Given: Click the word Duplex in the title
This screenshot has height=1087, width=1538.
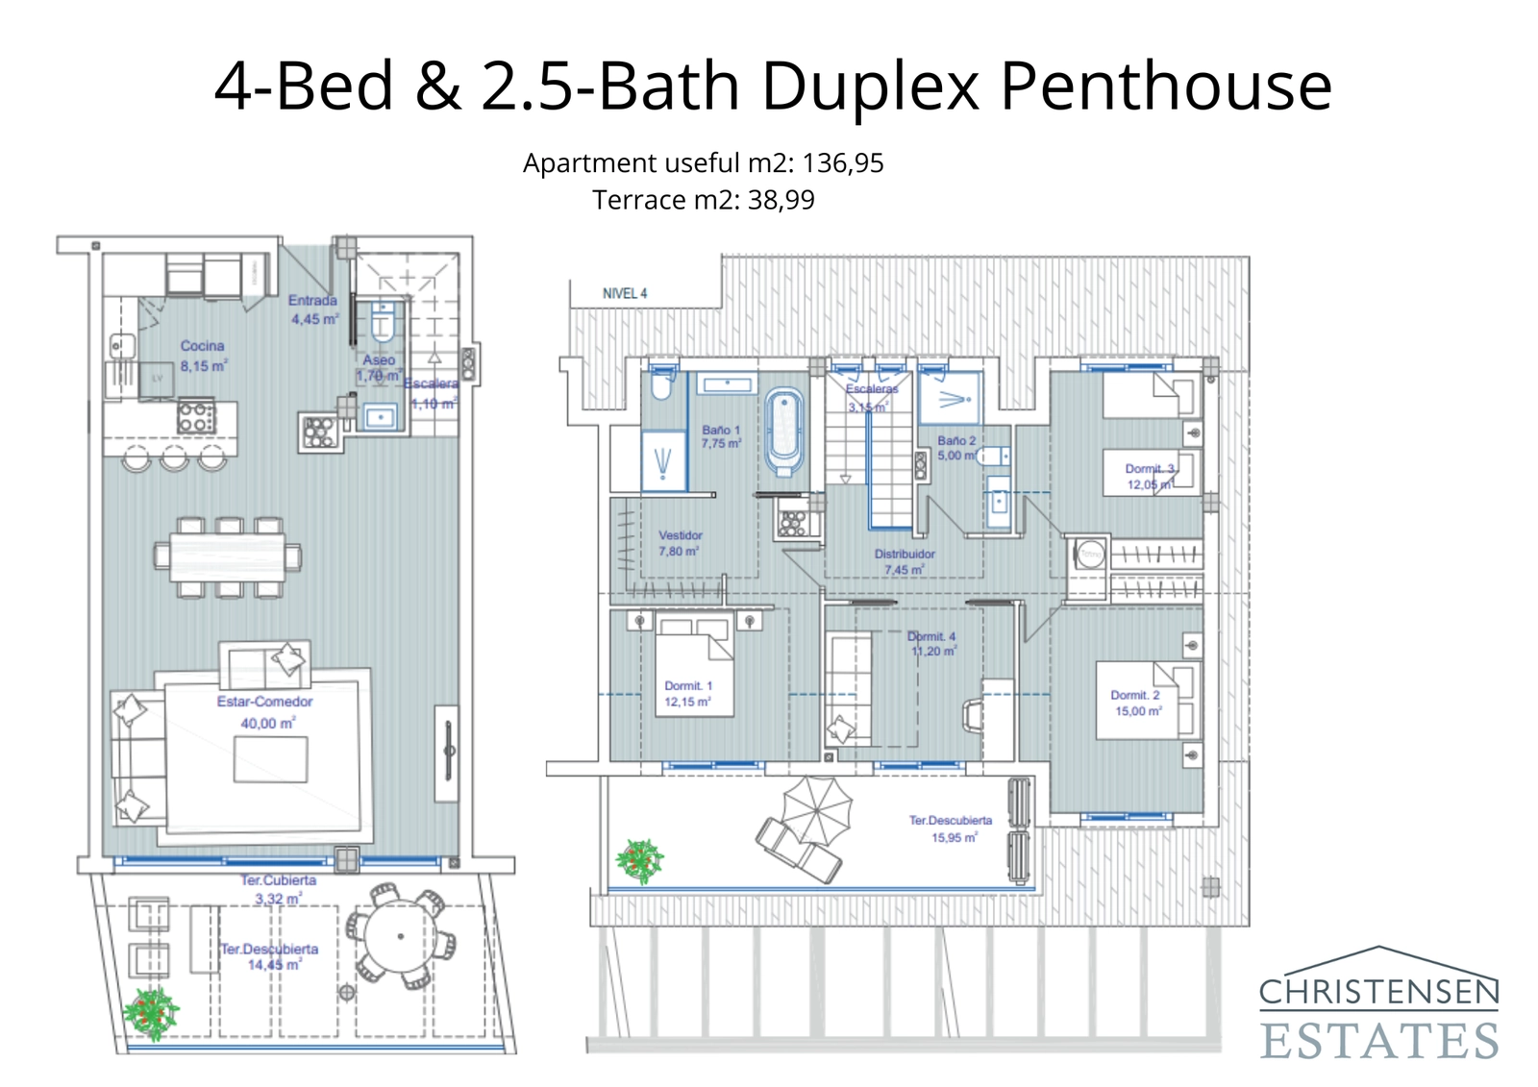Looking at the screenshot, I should click(871, 86).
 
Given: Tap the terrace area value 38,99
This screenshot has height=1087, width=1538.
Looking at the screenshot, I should click(781, 200).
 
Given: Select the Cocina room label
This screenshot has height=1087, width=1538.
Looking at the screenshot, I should click(202, 346).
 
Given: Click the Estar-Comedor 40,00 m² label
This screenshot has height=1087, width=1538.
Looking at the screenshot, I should click(264, 712).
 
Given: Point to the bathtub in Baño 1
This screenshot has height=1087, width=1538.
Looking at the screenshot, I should click(784, 432).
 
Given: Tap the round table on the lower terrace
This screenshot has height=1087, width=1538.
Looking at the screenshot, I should click(400, 936).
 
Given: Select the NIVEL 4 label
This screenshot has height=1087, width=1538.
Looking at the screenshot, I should click(625, 293).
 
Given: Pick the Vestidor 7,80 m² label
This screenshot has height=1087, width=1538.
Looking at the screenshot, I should click(680, 543).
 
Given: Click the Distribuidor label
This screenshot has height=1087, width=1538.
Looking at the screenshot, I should click(904, 555).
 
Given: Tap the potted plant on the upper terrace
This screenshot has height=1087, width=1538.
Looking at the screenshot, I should click(640, 860).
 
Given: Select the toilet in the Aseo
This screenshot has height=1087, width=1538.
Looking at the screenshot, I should click(383, 323).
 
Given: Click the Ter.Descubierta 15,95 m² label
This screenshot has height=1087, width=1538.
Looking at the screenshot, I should click(951, 828).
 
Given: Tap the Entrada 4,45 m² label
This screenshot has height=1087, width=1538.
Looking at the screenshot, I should click(313, 309).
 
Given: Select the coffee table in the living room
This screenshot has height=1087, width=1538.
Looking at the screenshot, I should click(271, 759).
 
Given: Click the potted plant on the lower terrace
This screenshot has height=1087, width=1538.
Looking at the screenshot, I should click(151, 1013).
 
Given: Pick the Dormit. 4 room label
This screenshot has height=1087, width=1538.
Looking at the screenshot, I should click(931, 643).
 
